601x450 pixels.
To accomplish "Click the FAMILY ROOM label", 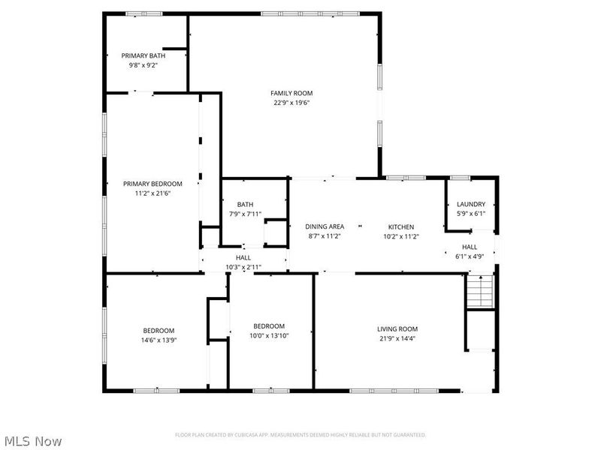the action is point(291,93).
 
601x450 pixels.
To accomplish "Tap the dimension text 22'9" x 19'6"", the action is point(291,103).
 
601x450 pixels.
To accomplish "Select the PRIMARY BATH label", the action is point(143,55).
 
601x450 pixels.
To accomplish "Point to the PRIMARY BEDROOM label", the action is point(153,184).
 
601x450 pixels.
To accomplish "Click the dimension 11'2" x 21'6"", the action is point(153,193).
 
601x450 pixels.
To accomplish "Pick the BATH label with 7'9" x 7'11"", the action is point(246,204).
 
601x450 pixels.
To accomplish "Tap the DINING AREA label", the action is point(325,226).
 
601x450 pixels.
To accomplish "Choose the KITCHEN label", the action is point(401,227).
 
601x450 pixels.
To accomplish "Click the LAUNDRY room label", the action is point(471,204).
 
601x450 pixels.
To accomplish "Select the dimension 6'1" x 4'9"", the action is point(470,256).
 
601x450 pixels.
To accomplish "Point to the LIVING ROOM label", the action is point(397,328).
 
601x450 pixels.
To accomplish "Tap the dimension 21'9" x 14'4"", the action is point(397,338).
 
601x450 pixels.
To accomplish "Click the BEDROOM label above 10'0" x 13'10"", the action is point(269,326).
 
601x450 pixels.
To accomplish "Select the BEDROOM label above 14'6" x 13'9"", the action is point(159,331).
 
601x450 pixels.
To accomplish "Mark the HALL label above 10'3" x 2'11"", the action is point(243,257).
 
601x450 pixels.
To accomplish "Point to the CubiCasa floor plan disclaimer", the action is point(300,435).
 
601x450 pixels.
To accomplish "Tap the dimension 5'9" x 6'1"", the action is point(471,214).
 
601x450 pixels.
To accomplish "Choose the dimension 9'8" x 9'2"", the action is point(143,65).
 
